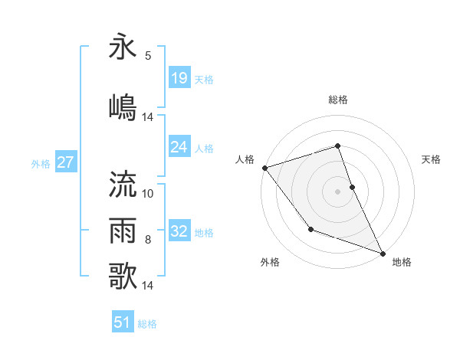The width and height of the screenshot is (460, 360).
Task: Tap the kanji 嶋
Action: click(123, 107)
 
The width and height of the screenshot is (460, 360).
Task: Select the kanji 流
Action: click(123, 184)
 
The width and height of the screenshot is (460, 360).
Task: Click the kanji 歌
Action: click(123, 275)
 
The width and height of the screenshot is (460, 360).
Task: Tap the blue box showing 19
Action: click(179, 78)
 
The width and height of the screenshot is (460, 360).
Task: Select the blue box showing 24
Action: click(179, 147)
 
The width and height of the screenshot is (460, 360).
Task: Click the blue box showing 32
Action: click(179, 231)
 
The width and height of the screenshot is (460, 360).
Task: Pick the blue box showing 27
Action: click(65, 162)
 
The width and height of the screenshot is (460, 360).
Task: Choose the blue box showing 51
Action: click(123, 322)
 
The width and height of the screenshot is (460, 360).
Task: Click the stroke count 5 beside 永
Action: click(147, 56)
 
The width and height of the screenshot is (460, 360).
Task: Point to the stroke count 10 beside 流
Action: click(148, 194)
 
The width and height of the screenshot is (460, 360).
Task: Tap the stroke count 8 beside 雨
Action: click(147, 240)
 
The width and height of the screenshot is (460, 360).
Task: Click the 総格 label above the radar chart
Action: click(338, 100)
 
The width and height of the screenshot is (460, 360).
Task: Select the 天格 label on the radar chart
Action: click(431, 159)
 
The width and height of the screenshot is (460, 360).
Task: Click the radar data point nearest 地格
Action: click(383, 253)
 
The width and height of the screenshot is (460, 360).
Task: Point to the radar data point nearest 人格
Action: click(264, 168)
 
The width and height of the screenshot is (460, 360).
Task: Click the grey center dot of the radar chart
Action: click(338, 191)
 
